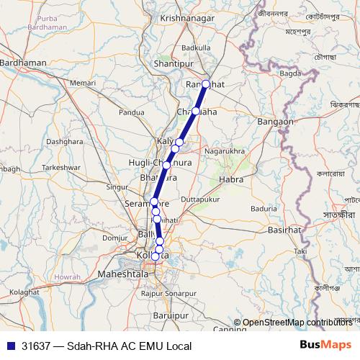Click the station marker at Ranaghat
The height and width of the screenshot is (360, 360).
pyautogui.click(x=206, y=84)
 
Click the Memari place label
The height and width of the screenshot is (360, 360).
pyautogui.click(x=83, y=84)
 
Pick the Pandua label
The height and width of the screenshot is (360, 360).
pyautogui.click(x=132, y=112)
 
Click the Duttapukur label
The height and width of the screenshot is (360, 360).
pyautogui.click(x=201, y=197)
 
